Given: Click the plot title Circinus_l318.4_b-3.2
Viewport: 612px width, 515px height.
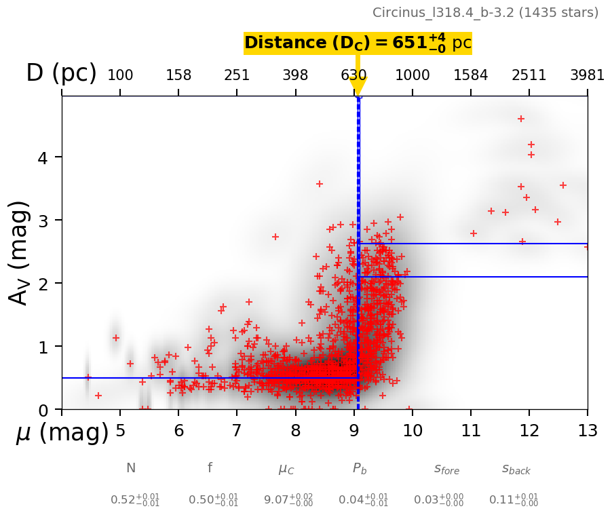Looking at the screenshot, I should click(485, 13).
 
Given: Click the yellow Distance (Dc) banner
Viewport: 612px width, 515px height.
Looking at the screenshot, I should click(358, 43).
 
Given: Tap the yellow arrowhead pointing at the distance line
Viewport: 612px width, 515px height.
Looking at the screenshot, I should click(358, 86).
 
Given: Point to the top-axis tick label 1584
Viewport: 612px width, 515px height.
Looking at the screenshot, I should click(471, 75).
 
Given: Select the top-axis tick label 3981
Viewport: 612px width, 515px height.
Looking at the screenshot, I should click(587, 75).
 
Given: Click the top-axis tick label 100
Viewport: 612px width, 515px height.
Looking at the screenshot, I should click(120, 75).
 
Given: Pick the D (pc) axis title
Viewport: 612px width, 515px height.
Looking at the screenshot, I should click(61, 73).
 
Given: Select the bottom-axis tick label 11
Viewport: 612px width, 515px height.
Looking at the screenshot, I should click(471, 431).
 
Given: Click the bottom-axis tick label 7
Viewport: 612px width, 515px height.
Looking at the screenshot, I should click(237, 431).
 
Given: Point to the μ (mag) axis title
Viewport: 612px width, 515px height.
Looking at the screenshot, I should click(62, 432).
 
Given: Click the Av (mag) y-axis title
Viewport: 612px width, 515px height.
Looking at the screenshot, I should click(20, 252).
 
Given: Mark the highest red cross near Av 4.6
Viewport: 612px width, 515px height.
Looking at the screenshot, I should click(521, 119).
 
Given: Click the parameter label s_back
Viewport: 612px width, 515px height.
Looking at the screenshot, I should click(516, 469).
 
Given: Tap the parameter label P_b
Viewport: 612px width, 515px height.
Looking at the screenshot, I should click(360, 468).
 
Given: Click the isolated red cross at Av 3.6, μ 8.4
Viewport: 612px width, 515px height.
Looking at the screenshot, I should click(320, 184).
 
